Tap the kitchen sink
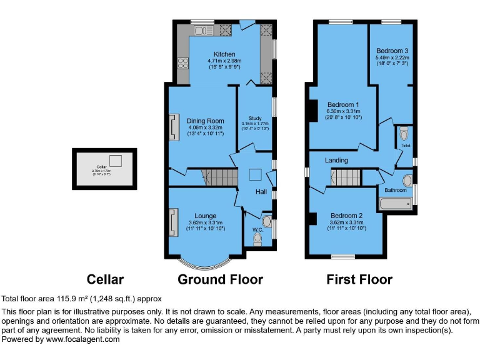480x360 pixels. (202, 30)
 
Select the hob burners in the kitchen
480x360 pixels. (184, 62)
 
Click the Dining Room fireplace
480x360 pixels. (172, 127)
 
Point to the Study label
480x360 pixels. (254, 118)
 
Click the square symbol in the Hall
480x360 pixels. (255, 176)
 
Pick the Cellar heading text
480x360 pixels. (105, 279)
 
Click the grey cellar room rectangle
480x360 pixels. (104, 169)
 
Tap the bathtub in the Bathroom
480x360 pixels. (394, 203)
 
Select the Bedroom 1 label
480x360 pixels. (343, 104)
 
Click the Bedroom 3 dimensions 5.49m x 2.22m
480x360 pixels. (392, 57)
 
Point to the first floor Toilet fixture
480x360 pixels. (404, 134)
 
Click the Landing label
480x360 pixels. (336, 161)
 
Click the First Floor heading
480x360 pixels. (359, 279)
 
